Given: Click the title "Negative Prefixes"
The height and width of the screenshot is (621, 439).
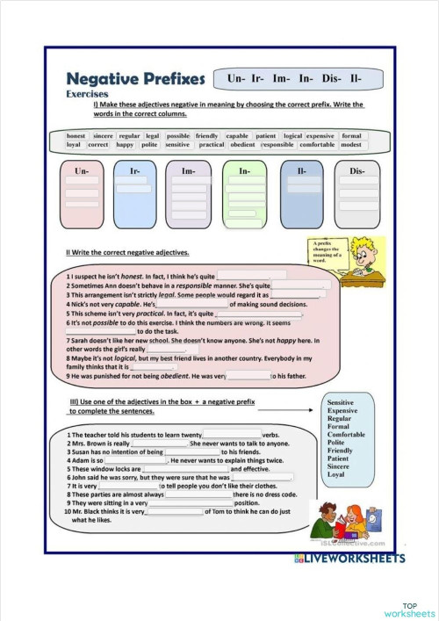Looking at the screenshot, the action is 135,79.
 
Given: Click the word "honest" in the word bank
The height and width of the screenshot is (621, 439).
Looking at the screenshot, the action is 76,136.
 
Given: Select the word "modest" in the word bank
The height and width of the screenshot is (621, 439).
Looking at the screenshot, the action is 351,145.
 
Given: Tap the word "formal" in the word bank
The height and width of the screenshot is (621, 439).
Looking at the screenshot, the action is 351,136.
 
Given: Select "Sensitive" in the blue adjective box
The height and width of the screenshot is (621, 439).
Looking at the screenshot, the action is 343,401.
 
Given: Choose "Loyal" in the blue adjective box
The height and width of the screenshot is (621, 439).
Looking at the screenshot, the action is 335,474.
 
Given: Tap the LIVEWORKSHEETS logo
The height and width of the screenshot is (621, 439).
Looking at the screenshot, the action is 349,558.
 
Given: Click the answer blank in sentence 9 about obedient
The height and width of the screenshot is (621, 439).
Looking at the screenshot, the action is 247,375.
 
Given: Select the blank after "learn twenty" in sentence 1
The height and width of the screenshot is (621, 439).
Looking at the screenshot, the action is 232,435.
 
